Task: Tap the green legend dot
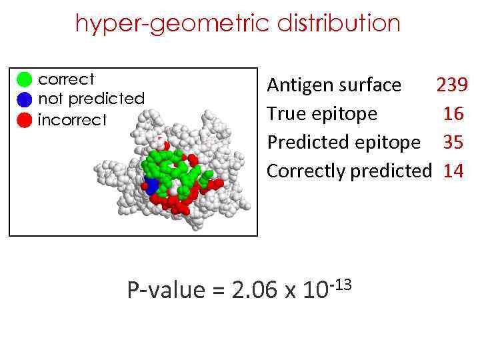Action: (24, 80)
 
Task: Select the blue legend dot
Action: (24, 100)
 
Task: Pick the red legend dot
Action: (24, 120)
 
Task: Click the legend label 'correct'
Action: (67, 79)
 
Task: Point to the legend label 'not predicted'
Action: (91, 99)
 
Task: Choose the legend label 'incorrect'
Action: (72, 120)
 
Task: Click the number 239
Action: (452, 85)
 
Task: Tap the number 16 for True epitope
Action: (453, 114)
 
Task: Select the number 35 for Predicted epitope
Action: (453, 143)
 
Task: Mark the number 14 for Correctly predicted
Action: (453, 171)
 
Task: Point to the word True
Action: (285, 114)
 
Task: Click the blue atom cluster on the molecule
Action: (152, 186)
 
